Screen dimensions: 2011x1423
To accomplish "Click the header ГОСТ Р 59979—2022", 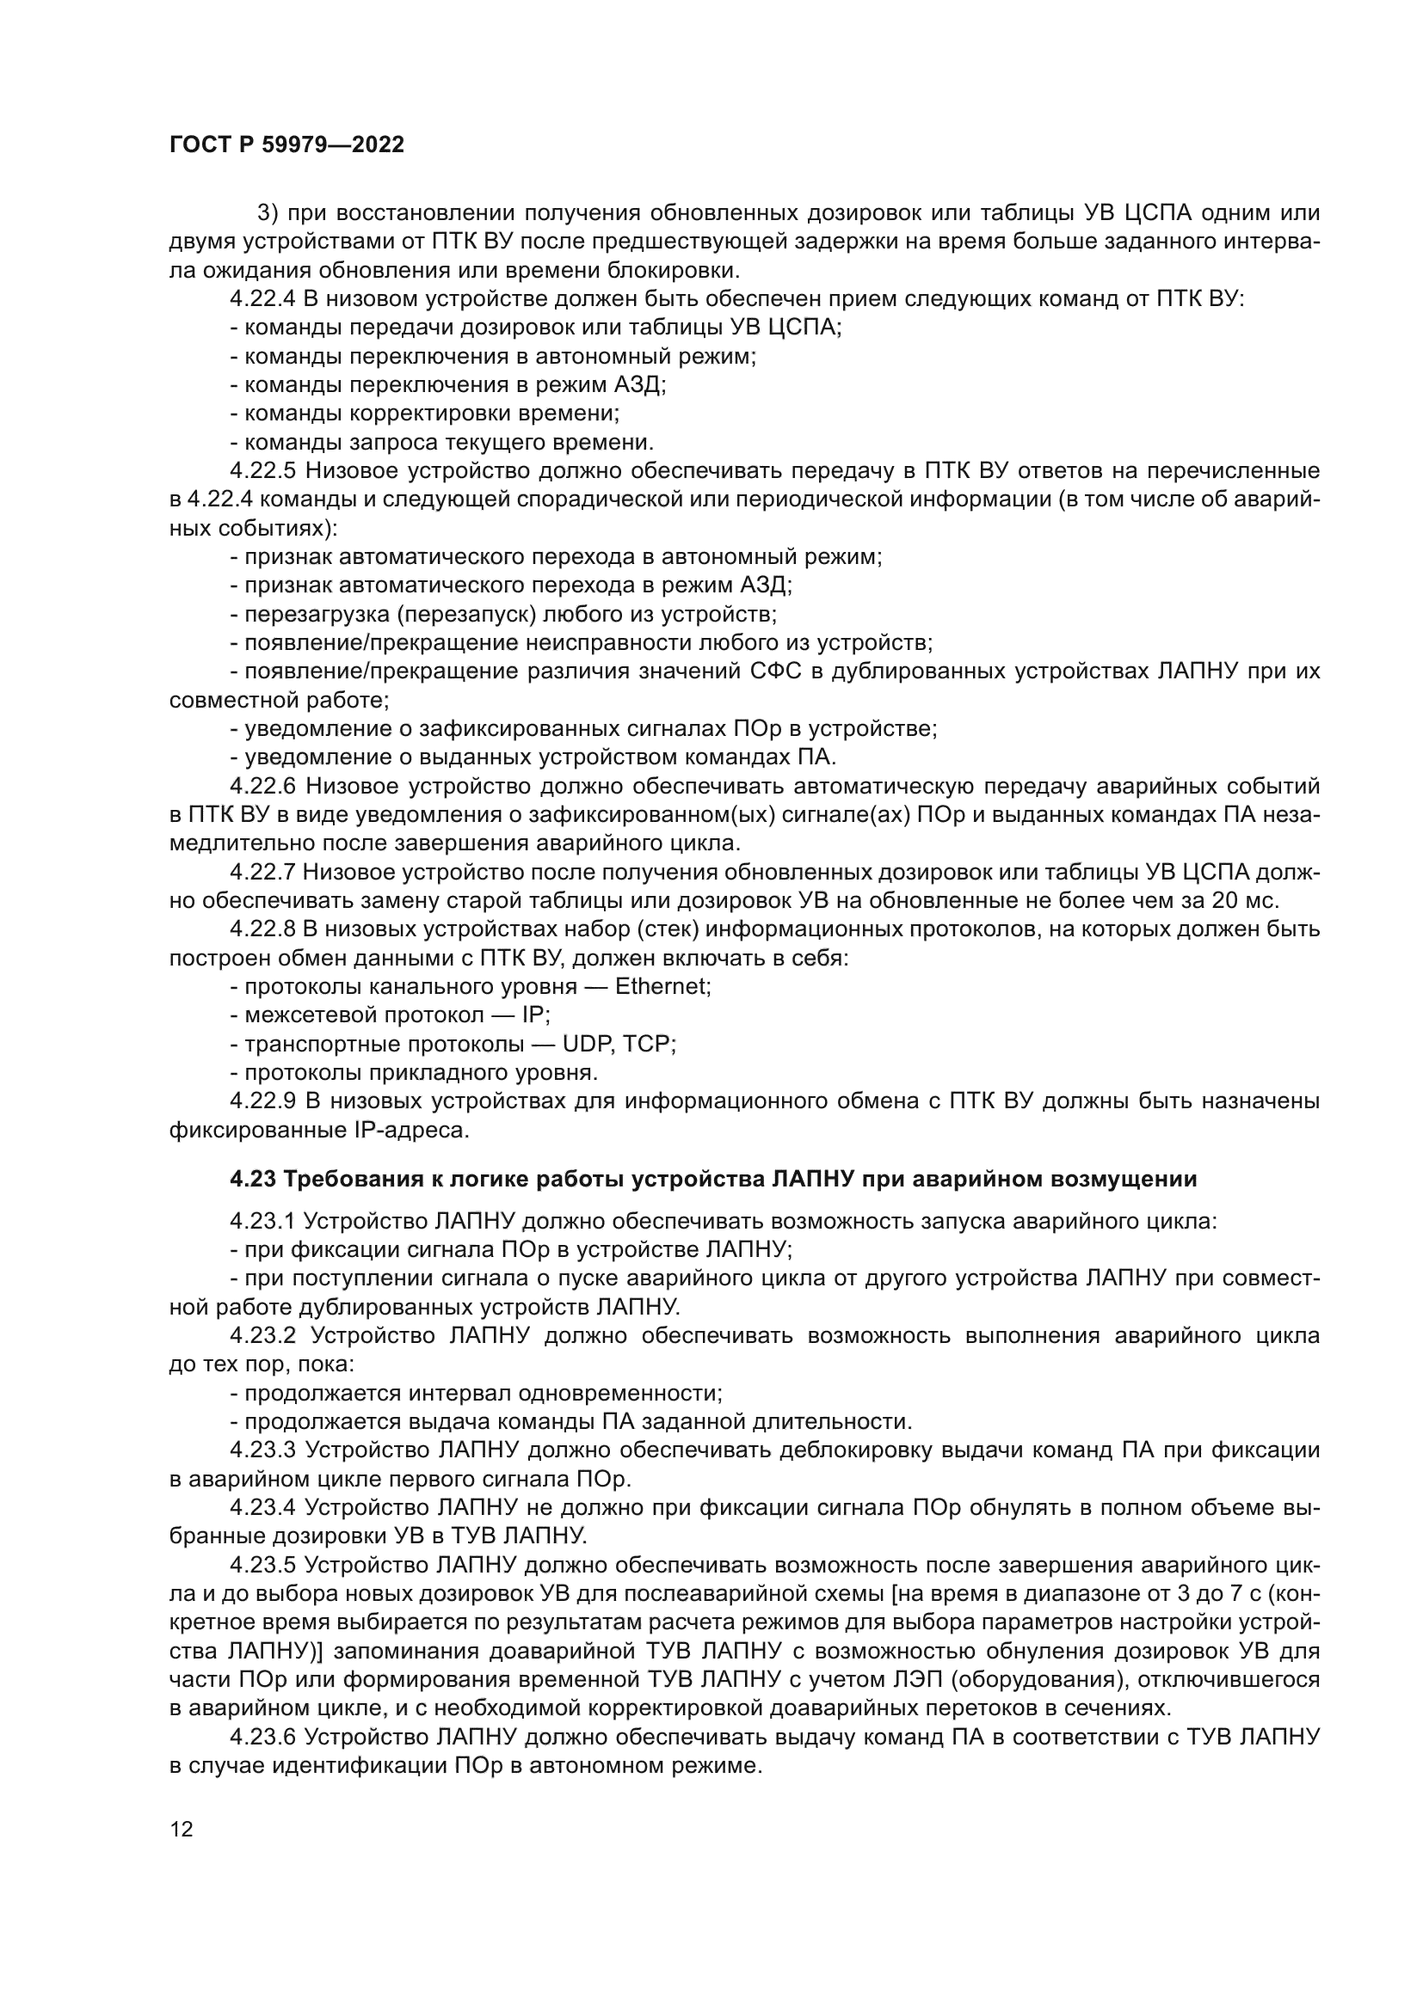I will click(286, 145).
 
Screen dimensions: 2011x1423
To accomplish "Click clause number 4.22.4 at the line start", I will click(263, 299).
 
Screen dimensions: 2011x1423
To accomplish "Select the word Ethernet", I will click(662, 987).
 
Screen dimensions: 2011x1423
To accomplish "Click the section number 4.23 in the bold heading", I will click(252, 1180).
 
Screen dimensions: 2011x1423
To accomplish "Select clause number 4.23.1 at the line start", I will click(263, 1222).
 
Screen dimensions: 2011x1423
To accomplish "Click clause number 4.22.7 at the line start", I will click(263, 873).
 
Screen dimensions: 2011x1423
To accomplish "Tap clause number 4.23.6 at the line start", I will click(263, 1737).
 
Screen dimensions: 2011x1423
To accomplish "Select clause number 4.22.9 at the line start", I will click(263, 1102).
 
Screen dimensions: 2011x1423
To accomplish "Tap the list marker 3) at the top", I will click(268, 214).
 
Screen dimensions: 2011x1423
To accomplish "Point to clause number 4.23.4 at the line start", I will click(263, 1507).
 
